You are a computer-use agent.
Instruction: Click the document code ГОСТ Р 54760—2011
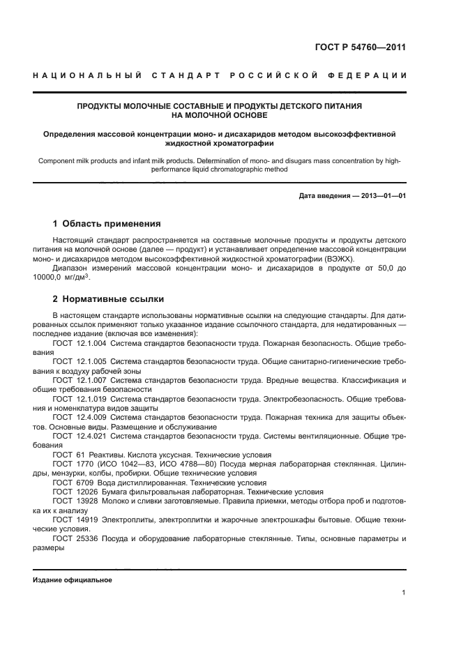[361, 47]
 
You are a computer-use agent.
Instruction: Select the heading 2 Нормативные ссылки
[108, 299]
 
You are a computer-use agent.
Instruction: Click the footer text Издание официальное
[72, 580]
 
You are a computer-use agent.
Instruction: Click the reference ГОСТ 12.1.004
[79, 344]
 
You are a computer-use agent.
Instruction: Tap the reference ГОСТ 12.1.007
[79, 380]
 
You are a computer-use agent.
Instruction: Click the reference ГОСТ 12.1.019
[79, 398]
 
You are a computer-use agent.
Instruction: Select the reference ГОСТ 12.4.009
[79, 417]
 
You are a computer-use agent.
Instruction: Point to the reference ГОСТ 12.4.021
[79, 435]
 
